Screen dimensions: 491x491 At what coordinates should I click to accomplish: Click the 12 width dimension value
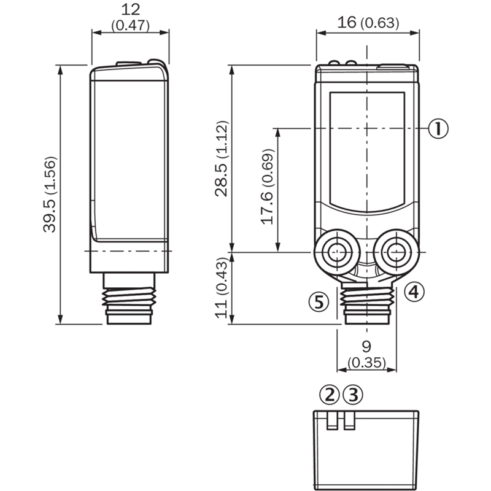point(131,9)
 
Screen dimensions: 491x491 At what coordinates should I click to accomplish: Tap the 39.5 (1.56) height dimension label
point(50,195)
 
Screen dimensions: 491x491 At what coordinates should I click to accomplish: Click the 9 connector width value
point(366,346)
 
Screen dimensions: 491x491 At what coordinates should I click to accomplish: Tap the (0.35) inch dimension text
point(366,362)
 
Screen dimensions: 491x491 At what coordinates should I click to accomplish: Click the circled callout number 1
point(438,128)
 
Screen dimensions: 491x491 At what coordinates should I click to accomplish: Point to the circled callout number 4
point(414,291)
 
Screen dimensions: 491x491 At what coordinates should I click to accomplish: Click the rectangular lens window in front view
point(367,149)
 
